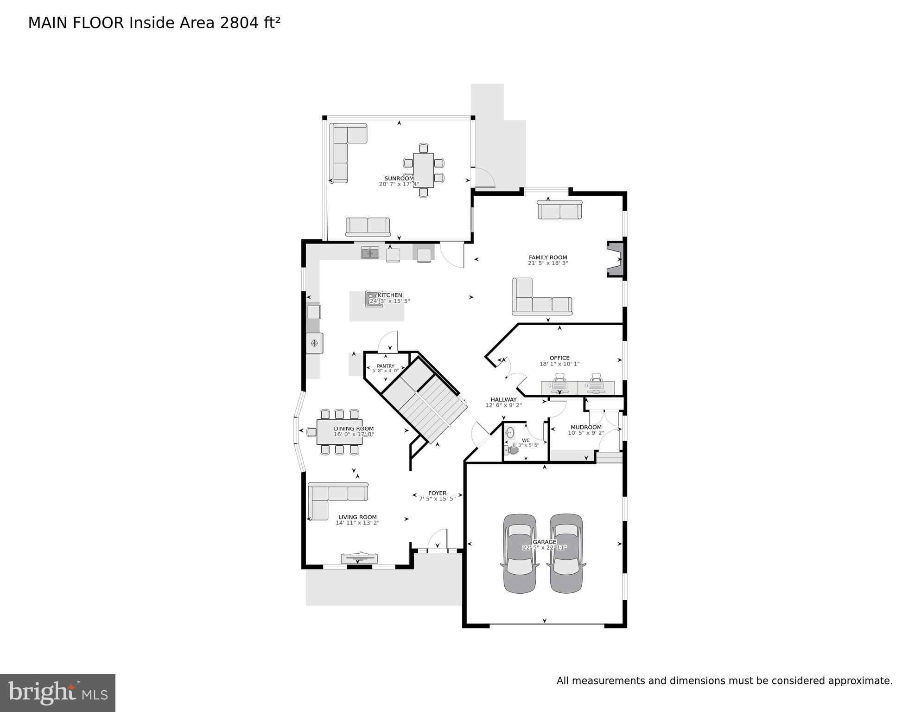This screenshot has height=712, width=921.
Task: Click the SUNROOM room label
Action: pos(399,179)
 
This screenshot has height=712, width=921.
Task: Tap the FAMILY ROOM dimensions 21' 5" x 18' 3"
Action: pos(547,263)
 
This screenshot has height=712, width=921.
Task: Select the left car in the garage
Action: pos(520,553)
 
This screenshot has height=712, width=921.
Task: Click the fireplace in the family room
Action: pos(616,259)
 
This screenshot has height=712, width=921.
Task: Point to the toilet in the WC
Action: pos(513,449)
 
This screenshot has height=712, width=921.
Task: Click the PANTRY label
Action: pos(385,366)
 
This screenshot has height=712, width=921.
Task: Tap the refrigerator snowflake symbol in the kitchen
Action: pos(314,343)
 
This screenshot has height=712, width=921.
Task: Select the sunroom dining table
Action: pos(423,170)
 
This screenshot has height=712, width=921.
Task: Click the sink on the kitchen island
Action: pos(373,299)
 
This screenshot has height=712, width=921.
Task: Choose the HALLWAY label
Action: pos(503,399)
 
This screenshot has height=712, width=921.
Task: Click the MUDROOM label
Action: pos(586,427)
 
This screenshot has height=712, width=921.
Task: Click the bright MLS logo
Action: pos(57,693)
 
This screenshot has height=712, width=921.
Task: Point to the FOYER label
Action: pos(437,493)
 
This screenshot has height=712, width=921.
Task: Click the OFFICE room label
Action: pos(559,358)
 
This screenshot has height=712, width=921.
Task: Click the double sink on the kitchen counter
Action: pos(370,253)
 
